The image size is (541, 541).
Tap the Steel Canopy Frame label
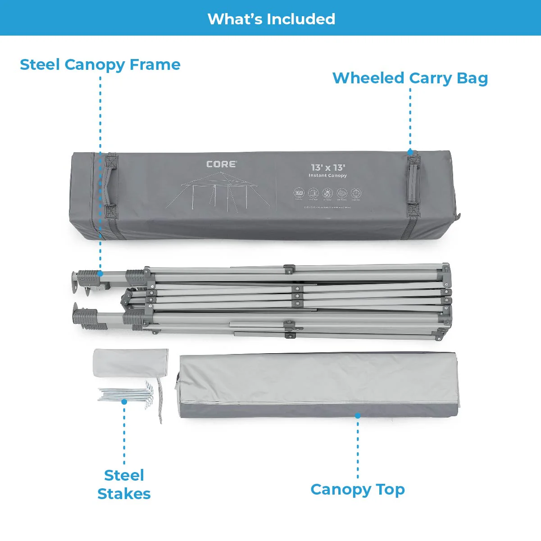tap(100, 64)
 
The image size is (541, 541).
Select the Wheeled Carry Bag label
tap(410, 78)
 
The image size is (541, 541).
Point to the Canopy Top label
tap(358, 489)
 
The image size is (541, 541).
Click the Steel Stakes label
tap(124, 484)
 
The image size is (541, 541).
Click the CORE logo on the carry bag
tap(221, 164)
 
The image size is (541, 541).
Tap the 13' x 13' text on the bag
tap(328, 168)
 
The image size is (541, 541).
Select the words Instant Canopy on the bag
tap(327, 176)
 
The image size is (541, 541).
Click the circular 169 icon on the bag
tap(299, 193)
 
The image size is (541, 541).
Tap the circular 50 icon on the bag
tap(327, 194)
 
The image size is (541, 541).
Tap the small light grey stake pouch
tap(130, 362)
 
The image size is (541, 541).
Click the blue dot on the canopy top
tap(358, 415)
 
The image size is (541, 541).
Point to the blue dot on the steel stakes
tap(124, 401)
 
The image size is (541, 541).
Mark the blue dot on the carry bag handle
tap(410, 152)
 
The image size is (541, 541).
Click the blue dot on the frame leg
tap(100, 273)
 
